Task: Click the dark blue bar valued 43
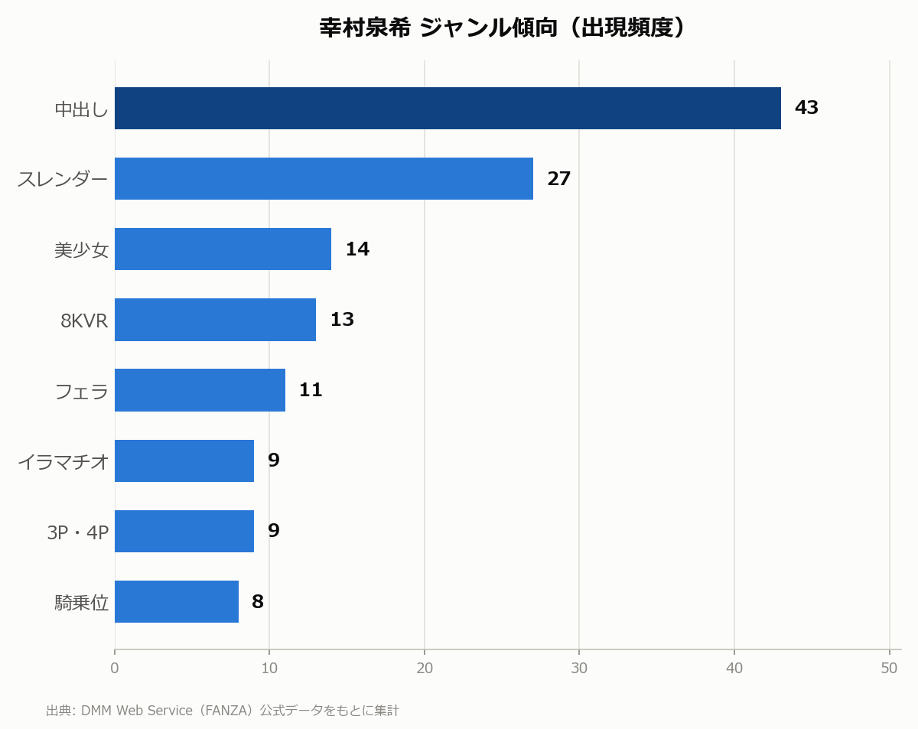(x=448, y=109)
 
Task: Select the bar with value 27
(x=324, y=179)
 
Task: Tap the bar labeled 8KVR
(x=216, y=320)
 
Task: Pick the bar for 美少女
(x=223, y=249)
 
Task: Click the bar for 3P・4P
(x=184, y=531)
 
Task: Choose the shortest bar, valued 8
(x=177, y=601)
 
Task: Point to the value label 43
(x=806, y=108)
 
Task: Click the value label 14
(x=357, y=249)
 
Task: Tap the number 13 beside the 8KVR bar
(x=342, y=320)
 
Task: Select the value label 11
(x=311, y=390)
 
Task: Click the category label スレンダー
(x=62, y=179)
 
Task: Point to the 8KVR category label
(x=84, y=321)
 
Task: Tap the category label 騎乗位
(x=82, y=603)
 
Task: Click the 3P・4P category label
(x=77, y=532)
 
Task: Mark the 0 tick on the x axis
(x=114, y=668)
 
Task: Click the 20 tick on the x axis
(x=425, y=668)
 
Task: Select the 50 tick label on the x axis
(x=890, y=668)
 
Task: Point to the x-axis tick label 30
(x=579, y=668)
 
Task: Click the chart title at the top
(x=502, y=28)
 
